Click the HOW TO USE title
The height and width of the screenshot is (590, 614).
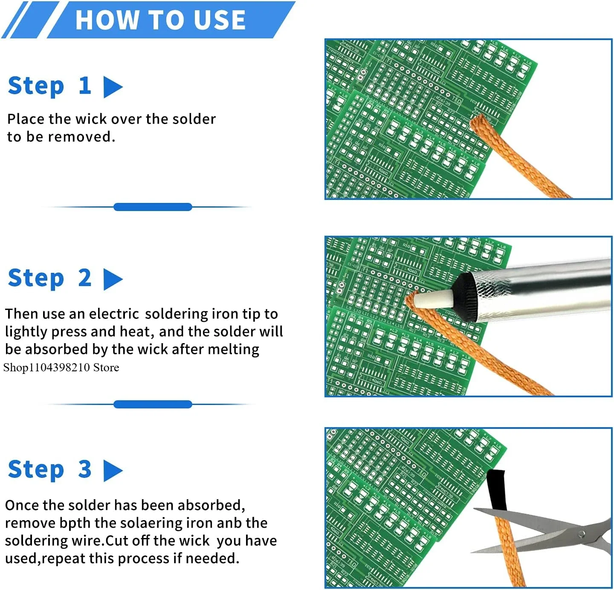point(160,20)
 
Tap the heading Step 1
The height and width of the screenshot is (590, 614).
point(50,86)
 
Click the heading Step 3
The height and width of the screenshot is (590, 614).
point(50,469)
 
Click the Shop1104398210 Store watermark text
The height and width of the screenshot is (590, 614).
point(61,367)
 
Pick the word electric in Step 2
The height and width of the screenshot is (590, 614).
point(114,314)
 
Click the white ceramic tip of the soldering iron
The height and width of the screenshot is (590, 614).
point(433,298)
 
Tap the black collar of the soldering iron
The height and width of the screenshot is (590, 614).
point(464,297)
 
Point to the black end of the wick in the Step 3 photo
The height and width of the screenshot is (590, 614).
point(496,489)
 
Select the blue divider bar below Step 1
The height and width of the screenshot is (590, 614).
point(153,207)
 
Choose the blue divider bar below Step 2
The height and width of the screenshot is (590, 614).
point(153,404)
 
